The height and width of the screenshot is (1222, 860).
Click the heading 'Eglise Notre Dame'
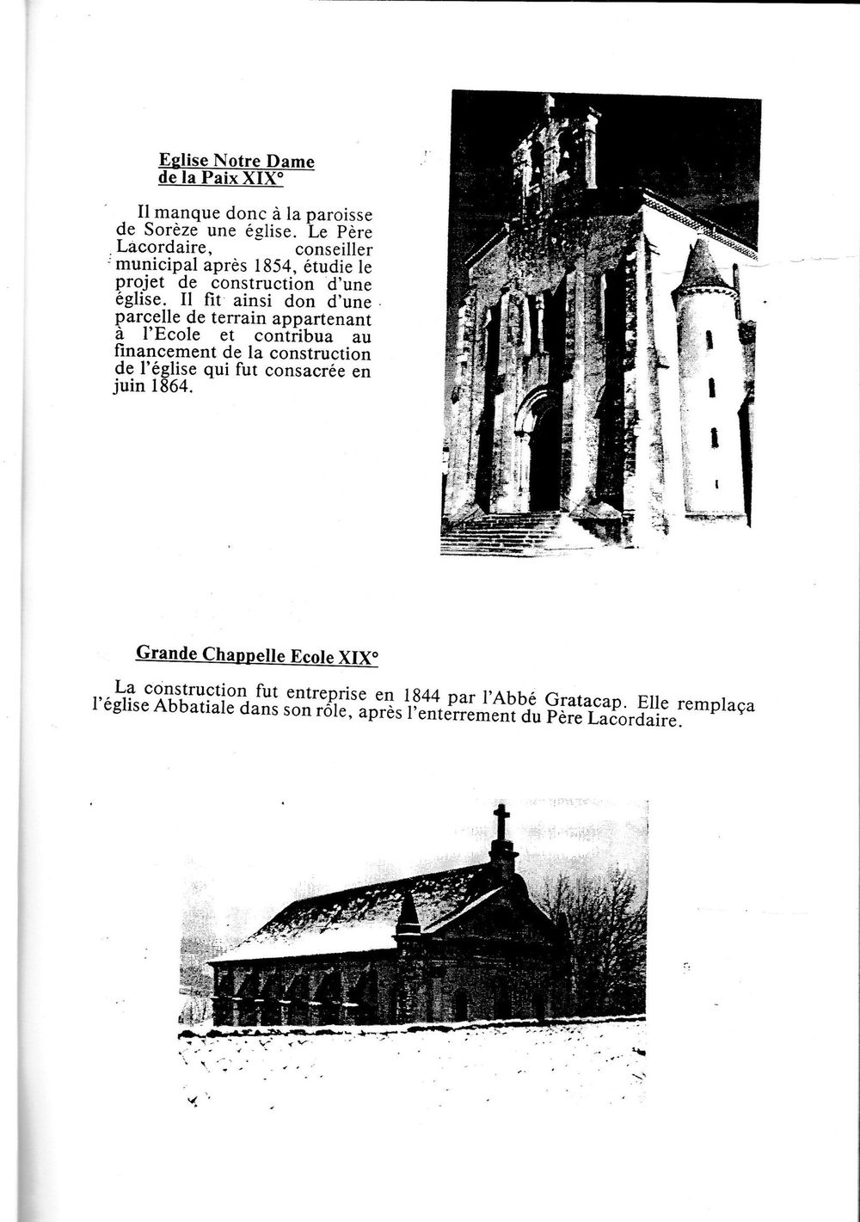[x=236, y=161]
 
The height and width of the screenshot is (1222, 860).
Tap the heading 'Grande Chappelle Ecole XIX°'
[x=256, y=654]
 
